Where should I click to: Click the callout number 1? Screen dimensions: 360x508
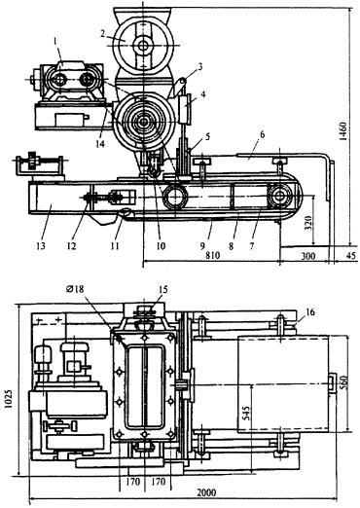(x=55, y=41)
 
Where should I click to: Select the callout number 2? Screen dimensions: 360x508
(x=103, y=34)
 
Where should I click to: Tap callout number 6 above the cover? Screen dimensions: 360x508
(x=263, y=134)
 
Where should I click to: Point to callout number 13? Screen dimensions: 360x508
(x=41, y=246)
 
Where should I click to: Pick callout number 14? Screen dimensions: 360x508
(x=100, y=143)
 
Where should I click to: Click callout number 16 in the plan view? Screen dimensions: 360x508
(x=310, y=312)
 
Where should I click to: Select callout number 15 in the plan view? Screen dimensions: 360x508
(x=163, y=289)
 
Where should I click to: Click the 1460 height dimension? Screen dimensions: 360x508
(x=343, y=130)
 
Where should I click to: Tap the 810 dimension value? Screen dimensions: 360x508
(x=213, y=255)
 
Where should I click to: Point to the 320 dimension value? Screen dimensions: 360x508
(x=308, y=223)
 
